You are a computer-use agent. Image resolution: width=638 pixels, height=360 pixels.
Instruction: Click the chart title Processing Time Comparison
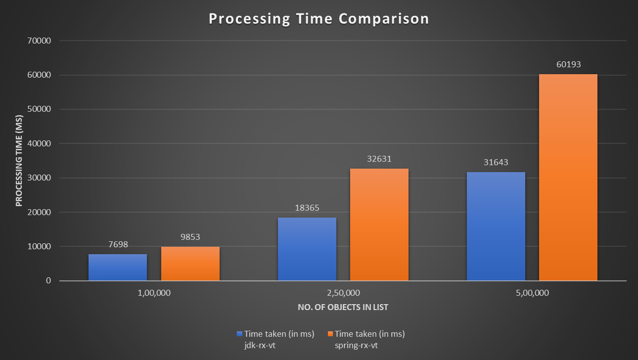point(319,19)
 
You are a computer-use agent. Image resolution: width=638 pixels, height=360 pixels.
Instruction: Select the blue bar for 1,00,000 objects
point(118,268)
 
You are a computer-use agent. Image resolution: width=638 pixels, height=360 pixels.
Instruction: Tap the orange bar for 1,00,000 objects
point(190,264)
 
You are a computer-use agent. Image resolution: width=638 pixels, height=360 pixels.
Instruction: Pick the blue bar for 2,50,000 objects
point(307,249)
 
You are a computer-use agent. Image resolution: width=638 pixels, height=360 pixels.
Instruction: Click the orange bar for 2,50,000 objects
point(379,225)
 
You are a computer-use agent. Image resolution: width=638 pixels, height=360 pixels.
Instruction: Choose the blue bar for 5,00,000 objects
point(496,226)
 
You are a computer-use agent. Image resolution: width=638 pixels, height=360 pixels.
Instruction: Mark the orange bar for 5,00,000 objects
point(568,178)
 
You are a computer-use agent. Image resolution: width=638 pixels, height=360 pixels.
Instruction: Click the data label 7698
point(118,245)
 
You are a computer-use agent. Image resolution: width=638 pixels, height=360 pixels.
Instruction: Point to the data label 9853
point(190,237)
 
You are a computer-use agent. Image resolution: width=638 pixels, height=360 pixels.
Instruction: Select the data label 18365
point(307,208)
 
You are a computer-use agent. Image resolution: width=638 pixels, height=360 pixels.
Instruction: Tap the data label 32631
point(379,159)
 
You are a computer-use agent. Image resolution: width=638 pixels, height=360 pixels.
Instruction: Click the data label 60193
point(568,65)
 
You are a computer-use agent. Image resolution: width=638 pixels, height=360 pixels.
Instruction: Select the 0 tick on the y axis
point(48,281)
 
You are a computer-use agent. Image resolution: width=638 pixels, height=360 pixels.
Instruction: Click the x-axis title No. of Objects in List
point(343,308)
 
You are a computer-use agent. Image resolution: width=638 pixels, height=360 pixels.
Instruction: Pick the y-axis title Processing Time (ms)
point(19,161)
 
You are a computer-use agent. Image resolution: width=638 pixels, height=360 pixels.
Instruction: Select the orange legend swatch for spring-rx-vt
point(331,334)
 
